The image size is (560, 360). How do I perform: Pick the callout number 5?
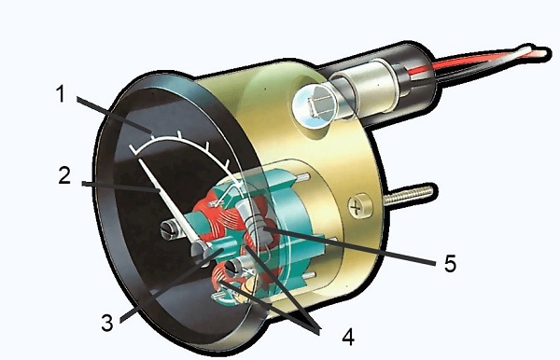(449, 264)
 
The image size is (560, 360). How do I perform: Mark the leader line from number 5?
(355, 243)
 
